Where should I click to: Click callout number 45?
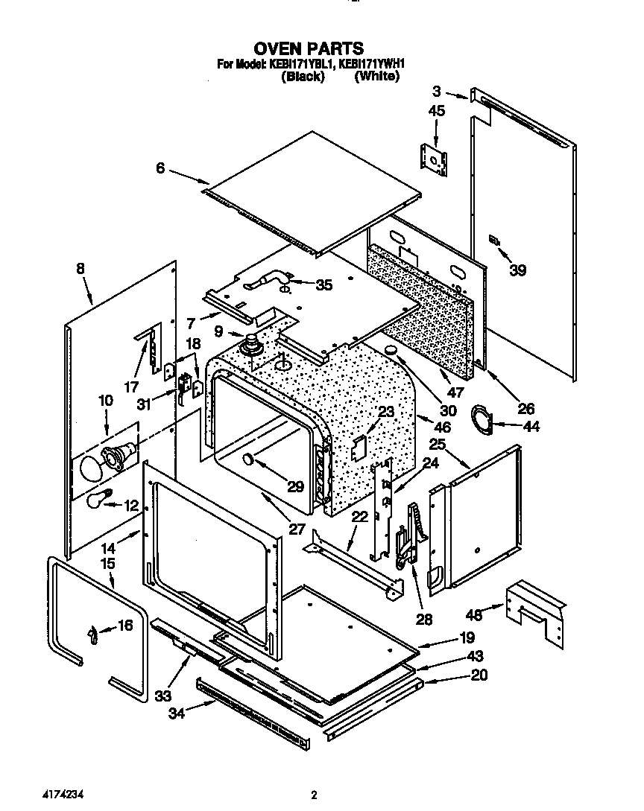pyautogui.click(x=436, y=110)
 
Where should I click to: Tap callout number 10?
pyautogui.click(x=105, y=401)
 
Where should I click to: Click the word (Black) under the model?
pyautogui.click(x=302, y=77)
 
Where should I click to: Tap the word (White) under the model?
pyautogui.click(x=376, y=77)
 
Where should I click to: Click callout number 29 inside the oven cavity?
pyautogui.click(x=296, y=488)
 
